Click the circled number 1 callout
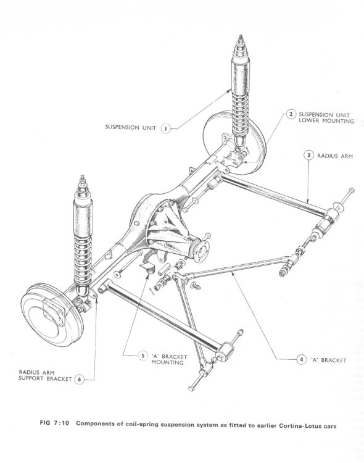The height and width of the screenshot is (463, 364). point(165,129)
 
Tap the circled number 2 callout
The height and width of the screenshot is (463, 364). point(291,115)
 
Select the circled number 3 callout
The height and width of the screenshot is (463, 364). point(309,155)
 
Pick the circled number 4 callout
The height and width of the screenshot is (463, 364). point(302,360)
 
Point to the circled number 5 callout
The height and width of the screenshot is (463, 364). point(143,356)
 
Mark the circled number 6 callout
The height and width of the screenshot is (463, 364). point(79,379)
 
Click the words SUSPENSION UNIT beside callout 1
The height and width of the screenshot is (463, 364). point(131,127)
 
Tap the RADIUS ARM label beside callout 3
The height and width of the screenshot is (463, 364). point(335,156)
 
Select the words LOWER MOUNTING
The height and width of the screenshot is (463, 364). point(326,121)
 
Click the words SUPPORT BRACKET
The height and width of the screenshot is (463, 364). point(45,378)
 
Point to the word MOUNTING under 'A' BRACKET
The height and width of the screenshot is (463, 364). point(167,362)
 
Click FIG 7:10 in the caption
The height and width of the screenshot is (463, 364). point(54,423)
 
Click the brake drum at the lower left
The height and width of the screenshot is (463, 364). point(52,315)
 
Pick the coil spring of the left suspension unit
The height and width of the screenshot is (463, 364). point(83,260)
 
